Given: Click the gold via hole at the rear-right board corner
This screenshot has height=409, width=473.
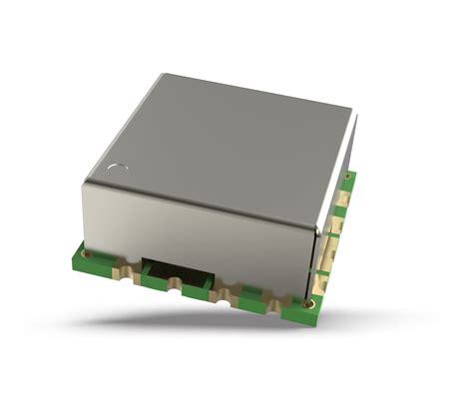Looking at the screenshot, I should (348, 181).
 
